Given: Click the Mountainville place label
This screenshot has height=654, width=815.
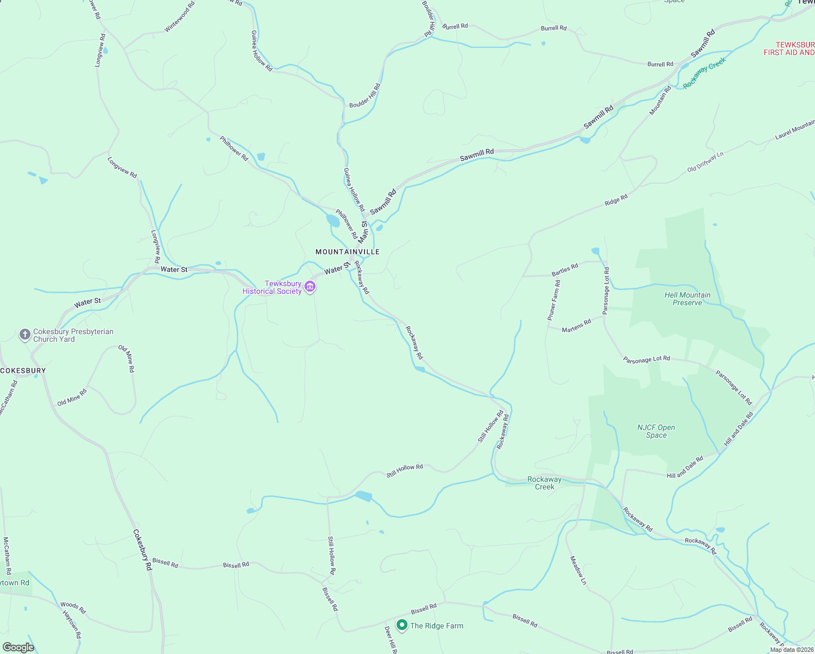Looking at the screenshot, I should [x=348, y=252].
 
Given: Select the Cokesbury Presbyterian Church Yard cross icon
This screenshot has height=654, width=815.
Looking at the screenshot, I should [x=25, y=335].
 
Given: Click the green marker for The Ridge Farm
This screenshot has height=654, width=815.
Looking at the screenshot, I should [x=402, y=625].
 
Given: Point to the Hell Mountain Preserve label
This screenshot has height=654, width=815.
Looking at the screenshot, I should [x=688, y=299].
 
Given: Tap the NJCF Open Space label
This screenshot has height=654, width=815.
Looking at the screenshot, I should [x=656, y=431].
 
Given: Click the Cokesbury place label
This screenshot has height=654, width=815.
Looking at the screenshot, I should [x=23, y=371].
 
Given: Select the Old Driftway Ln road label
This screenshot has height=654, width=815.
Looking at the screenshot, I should [x=705, y=162].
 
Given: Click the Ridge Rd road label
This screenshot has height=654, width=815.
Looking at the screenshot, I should [x=616, y=200].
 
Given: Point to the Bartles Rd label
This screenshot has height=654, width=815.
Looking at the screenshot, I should [x=565, y=269].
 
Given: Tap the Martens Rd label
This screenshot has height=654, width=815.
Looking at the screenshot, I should [x=576, y=326].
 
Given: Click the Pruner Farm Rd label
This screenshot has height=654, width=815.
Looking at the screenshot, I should [x=554, y=300].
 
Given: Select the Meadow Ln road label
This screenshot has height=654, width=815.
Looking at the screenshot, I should [x=578, y=570].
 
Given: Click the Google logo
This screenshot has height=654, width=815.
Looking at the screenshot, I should [x=18, y=647].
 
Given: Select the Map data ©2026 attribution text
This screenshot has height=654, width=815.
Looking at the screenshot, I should [x=792, y=650].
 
